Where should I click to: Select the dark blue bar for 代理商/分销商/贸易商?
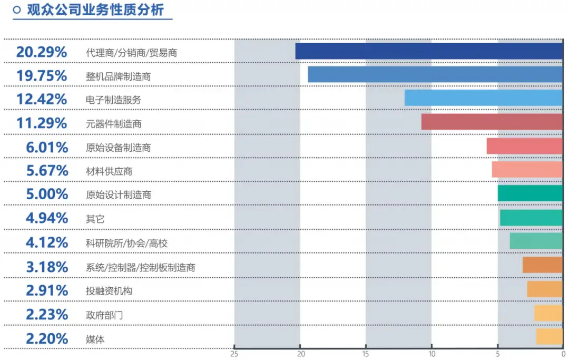coord(429,51)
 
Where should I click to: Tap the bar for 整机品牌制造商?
coord(435,75)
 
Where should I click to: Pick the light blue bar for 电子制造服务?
coord(484,99)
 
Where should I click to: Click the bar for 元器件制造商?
coord(492,122)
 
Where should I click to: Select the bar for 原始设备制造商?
coord(525,146)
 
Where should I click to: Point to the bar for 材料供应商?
coord(527,169)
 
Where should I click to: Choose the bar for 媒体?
coord(550,337)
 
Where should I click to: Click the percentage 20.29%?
coord(42,52)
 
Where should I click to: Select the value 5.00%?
coord(47,194)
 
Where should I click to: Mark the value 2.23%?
coord(47,315)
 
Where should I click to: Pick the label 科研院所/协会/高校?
coord(126,243)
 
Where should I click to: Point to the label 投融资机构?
coord(109,291)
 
